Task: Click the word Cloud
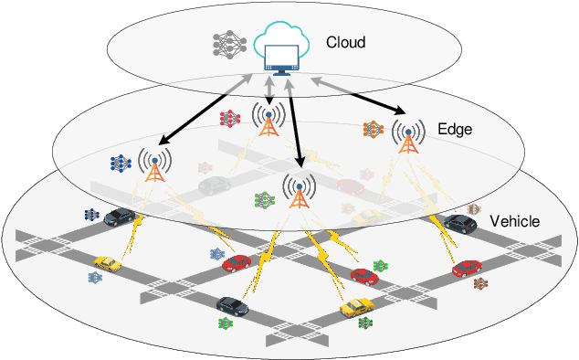(346, 42)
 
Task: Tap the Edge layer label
(455, 129)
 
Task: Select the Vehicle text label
(515, 222)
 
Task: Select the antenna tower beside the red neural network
(268, 119)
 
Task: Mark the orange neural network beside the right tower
(373, 130)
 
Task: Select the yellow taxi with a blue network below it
(107, 264)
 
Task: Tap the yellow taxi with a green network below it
(355, 308)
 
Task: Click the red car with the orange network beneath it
(467, 268)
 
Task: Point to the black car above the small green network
(231, 304)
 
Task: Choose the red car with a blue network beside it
(237, 262)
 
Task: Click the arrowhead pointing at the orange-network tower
(398, 111)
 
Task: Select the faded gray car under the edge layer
(214, 185)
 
